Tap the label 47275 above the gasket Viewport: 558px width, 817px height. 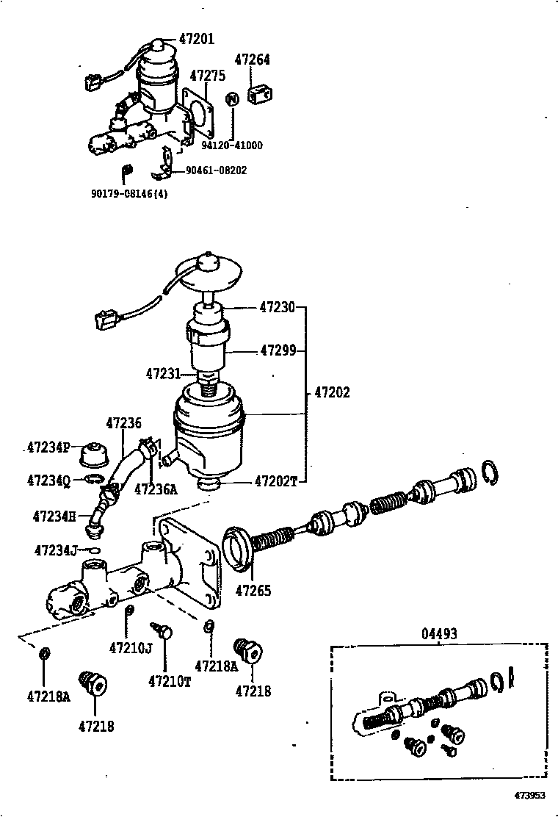pos(208,76)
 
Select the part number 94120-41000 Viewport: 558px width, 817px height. pos(234,145)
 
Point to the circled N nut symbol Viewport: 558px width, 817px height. pos(231,99)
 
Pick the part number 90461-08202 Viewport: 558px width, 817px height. pos(216,170)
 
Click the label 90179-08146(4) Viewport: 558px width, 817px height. pos(129,195)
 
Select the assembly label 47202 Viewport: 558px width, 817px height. pos(332,392)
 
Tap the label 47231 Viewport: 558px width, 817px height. pos(163,374)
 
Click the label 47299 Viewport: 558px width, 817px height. pos(278,351)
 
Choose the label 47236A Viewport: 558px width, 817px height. pos(156,489)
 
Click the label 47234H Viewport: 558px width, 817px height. pos(54,517)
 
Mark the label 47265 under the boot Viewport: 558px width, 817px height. pos(253,590)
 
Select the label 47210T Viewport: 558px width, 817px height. pos(169,681)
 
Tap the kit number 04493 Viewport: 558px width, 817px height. pos(439,633)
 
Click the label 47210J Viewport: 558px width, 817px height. pos(130,647)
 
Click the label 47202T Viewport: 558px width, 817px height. pos(276,481)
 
